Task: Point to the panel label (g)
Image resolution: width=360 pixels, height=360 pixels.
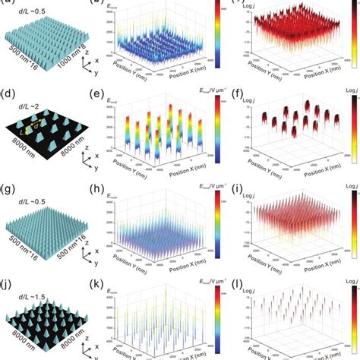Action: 9,185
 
